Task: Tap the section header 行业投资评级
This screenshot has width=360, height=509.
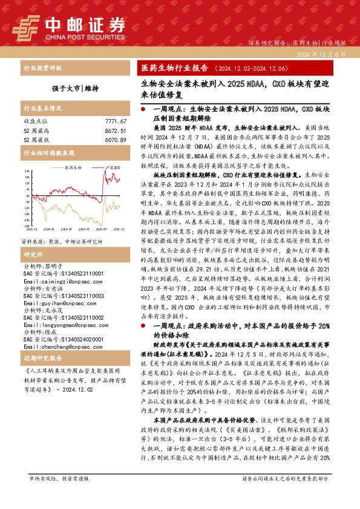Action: point(42,68)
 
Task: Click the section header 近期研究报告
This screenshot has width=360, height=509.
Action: point(41,358)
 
